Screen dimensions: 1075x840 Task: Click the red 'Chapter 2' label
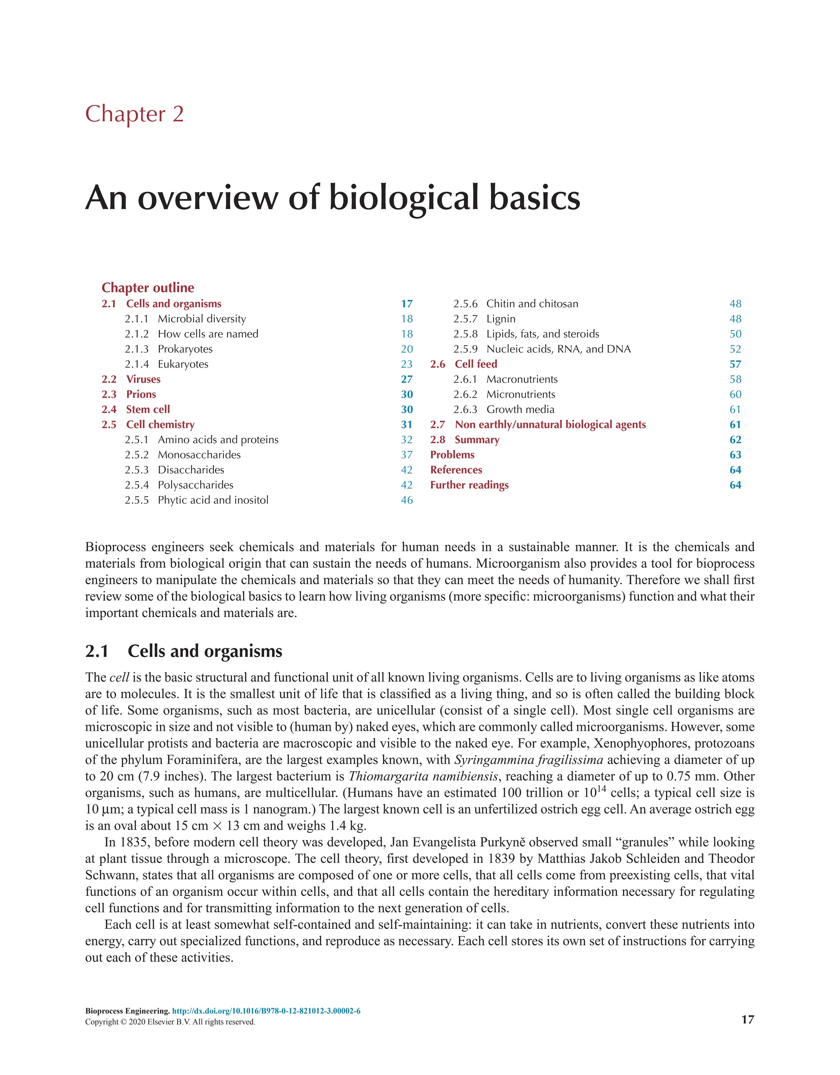135,114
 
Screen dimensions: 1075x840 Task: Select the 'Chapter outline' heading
148,288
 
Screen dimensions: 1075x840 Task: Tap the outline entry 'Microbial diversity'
202,319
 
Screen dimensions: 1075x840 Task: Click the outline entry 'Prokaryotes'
185,349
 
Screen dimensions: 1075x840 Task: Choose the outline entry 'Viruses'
143,380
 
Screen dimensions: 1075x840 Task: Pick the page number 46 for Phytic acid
406,500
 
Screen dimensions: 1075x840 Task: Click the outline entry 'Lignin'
501,319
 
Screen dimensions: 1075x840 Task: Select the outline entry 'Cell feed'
476,364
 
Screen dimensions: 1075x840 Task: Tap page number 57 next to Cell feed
735,364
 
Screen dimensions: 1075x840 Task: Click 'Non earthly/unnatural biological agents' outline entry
550,425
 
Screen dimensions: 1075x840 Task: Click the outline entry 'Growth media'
520,409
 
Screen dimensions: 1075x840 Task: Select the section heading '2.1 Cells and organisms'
184,651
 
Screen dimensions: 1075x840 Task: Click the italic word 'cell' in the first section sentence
119,678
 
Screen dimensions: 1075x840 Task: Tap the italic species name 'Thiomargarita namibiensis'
423,777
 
